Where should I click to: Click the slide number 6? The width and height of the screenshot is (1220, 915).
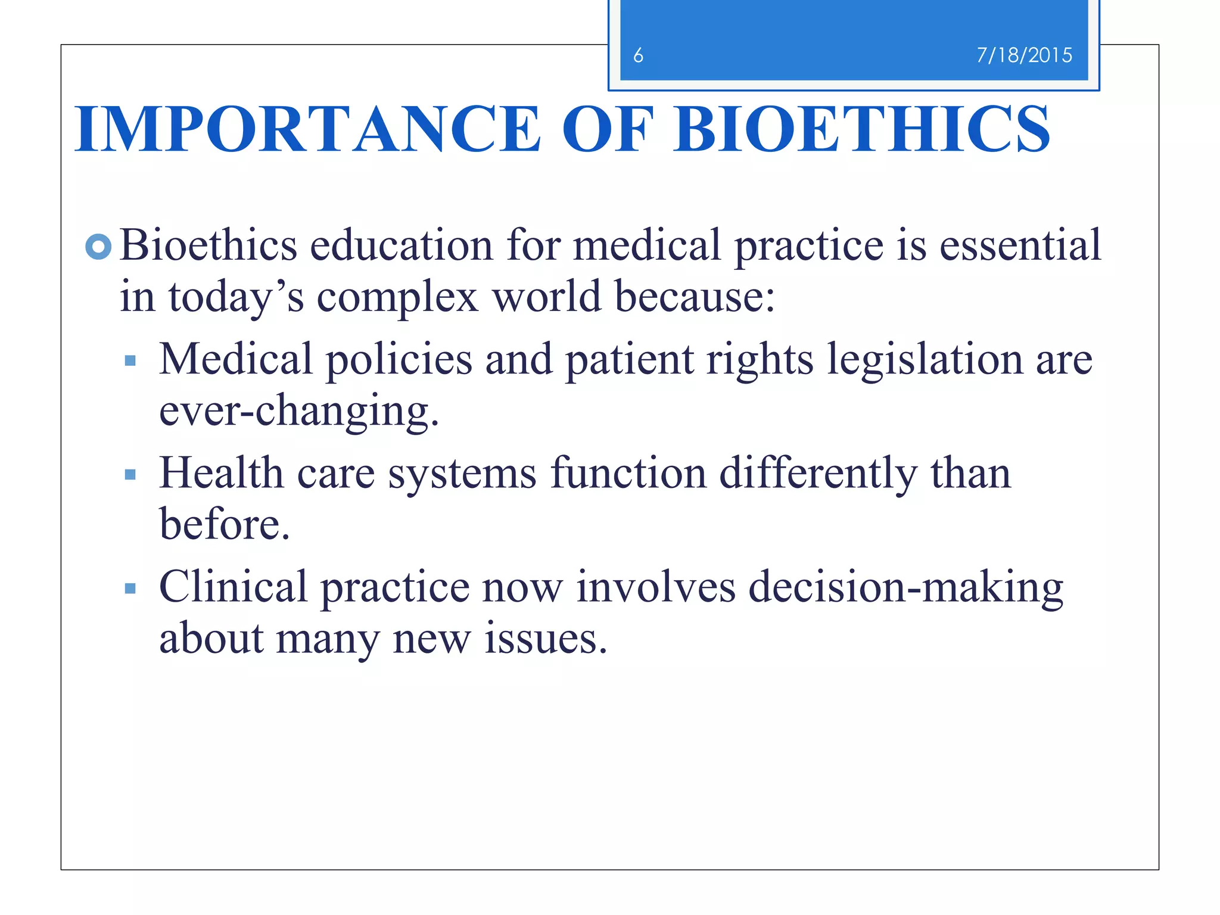tap(638, 55)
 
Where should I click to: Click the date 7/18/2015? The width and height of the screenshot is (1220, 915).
tap(1024, 55)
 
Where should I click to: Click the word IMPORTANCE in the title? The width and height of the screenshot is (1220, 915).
tap(307, 129)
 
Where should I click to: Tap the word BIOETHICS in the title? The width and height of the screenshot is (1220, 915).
tap(861, 129)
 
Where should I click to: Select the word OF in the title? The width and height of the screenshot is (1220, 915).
tap(608, 129)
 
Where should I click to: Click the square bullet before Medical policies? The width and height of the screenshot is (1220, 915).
tap(130, 360)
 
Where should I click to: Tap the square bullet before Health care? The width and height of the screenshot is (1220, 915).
tap(130, 475)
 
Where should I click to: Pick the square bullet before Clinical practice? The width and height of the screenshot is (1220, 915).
tap(130, 589)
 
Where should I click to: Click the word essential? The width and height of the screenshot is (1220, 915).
tap(1020, 245)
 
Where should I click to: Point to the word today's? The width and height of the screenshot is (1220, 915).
tap(236, 297)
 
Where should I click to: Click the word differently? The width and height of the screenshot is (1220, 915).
tap(818, 474)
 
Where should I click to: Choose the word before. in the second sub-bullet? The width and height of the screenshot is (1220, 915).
tap(225, 524)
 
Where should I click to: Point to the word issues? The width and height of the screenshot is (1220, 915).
tap(545, 639)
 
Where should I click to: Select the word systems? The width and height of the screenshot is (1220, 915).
tap(462, 474)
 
